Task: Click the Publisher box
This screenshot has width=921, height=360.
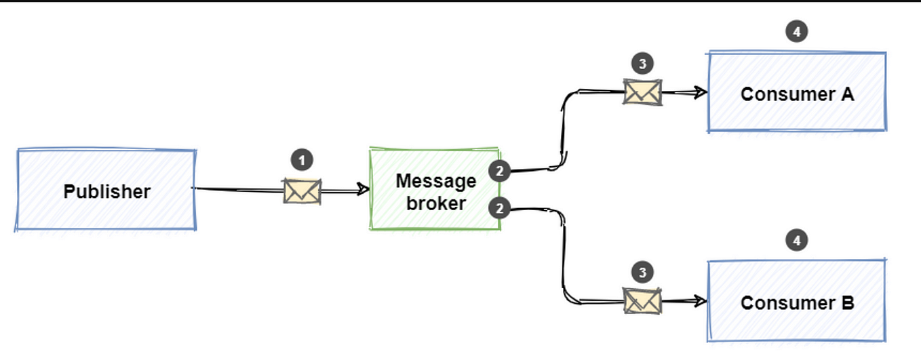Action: [x=106, y=191]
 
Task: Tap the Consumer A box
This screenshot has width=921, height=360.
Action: [x=797, y=92]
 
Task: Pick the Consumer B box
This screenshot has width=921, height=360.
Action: [x=797, y=302]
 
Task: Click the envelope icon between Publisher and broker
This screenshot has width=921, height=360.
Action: [x=302, y=191]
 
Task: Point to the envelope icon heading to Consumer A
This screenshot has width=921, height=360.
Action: [x=642, y=92]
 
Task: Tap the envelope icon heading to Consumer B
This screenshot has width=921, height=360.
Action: [x=642, y=301]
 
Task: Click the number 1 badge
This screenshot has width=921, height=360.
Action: [x=302, y=161]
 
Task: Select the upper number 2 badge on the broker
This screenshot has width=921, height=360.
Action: [x=499, y=172]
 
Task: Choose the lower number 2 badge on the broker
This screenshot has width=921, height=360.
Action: [x=499, y=208]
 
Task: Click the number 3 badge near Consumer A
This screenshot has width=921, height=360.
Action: [x=642, y=64]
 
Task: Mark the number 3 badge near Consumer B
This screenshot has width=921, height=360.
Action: [x=642, y=273]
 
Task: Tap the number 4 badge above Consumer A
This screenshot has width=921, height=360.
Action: [x=797, y=31]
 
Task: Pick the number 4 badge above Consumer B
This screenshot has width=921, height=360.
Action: [x=797, y=240]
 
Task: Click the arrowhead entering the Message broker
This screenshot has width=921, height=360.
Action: [x=364, y=191]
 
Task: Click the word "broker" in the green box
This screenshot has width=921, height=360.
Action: [x=436, y=203]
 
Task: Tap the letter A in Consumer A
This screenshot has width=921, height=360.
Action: [x=847, y=94]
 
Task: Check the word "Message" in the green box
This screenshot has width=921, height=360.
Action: [x=436, y=181]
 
